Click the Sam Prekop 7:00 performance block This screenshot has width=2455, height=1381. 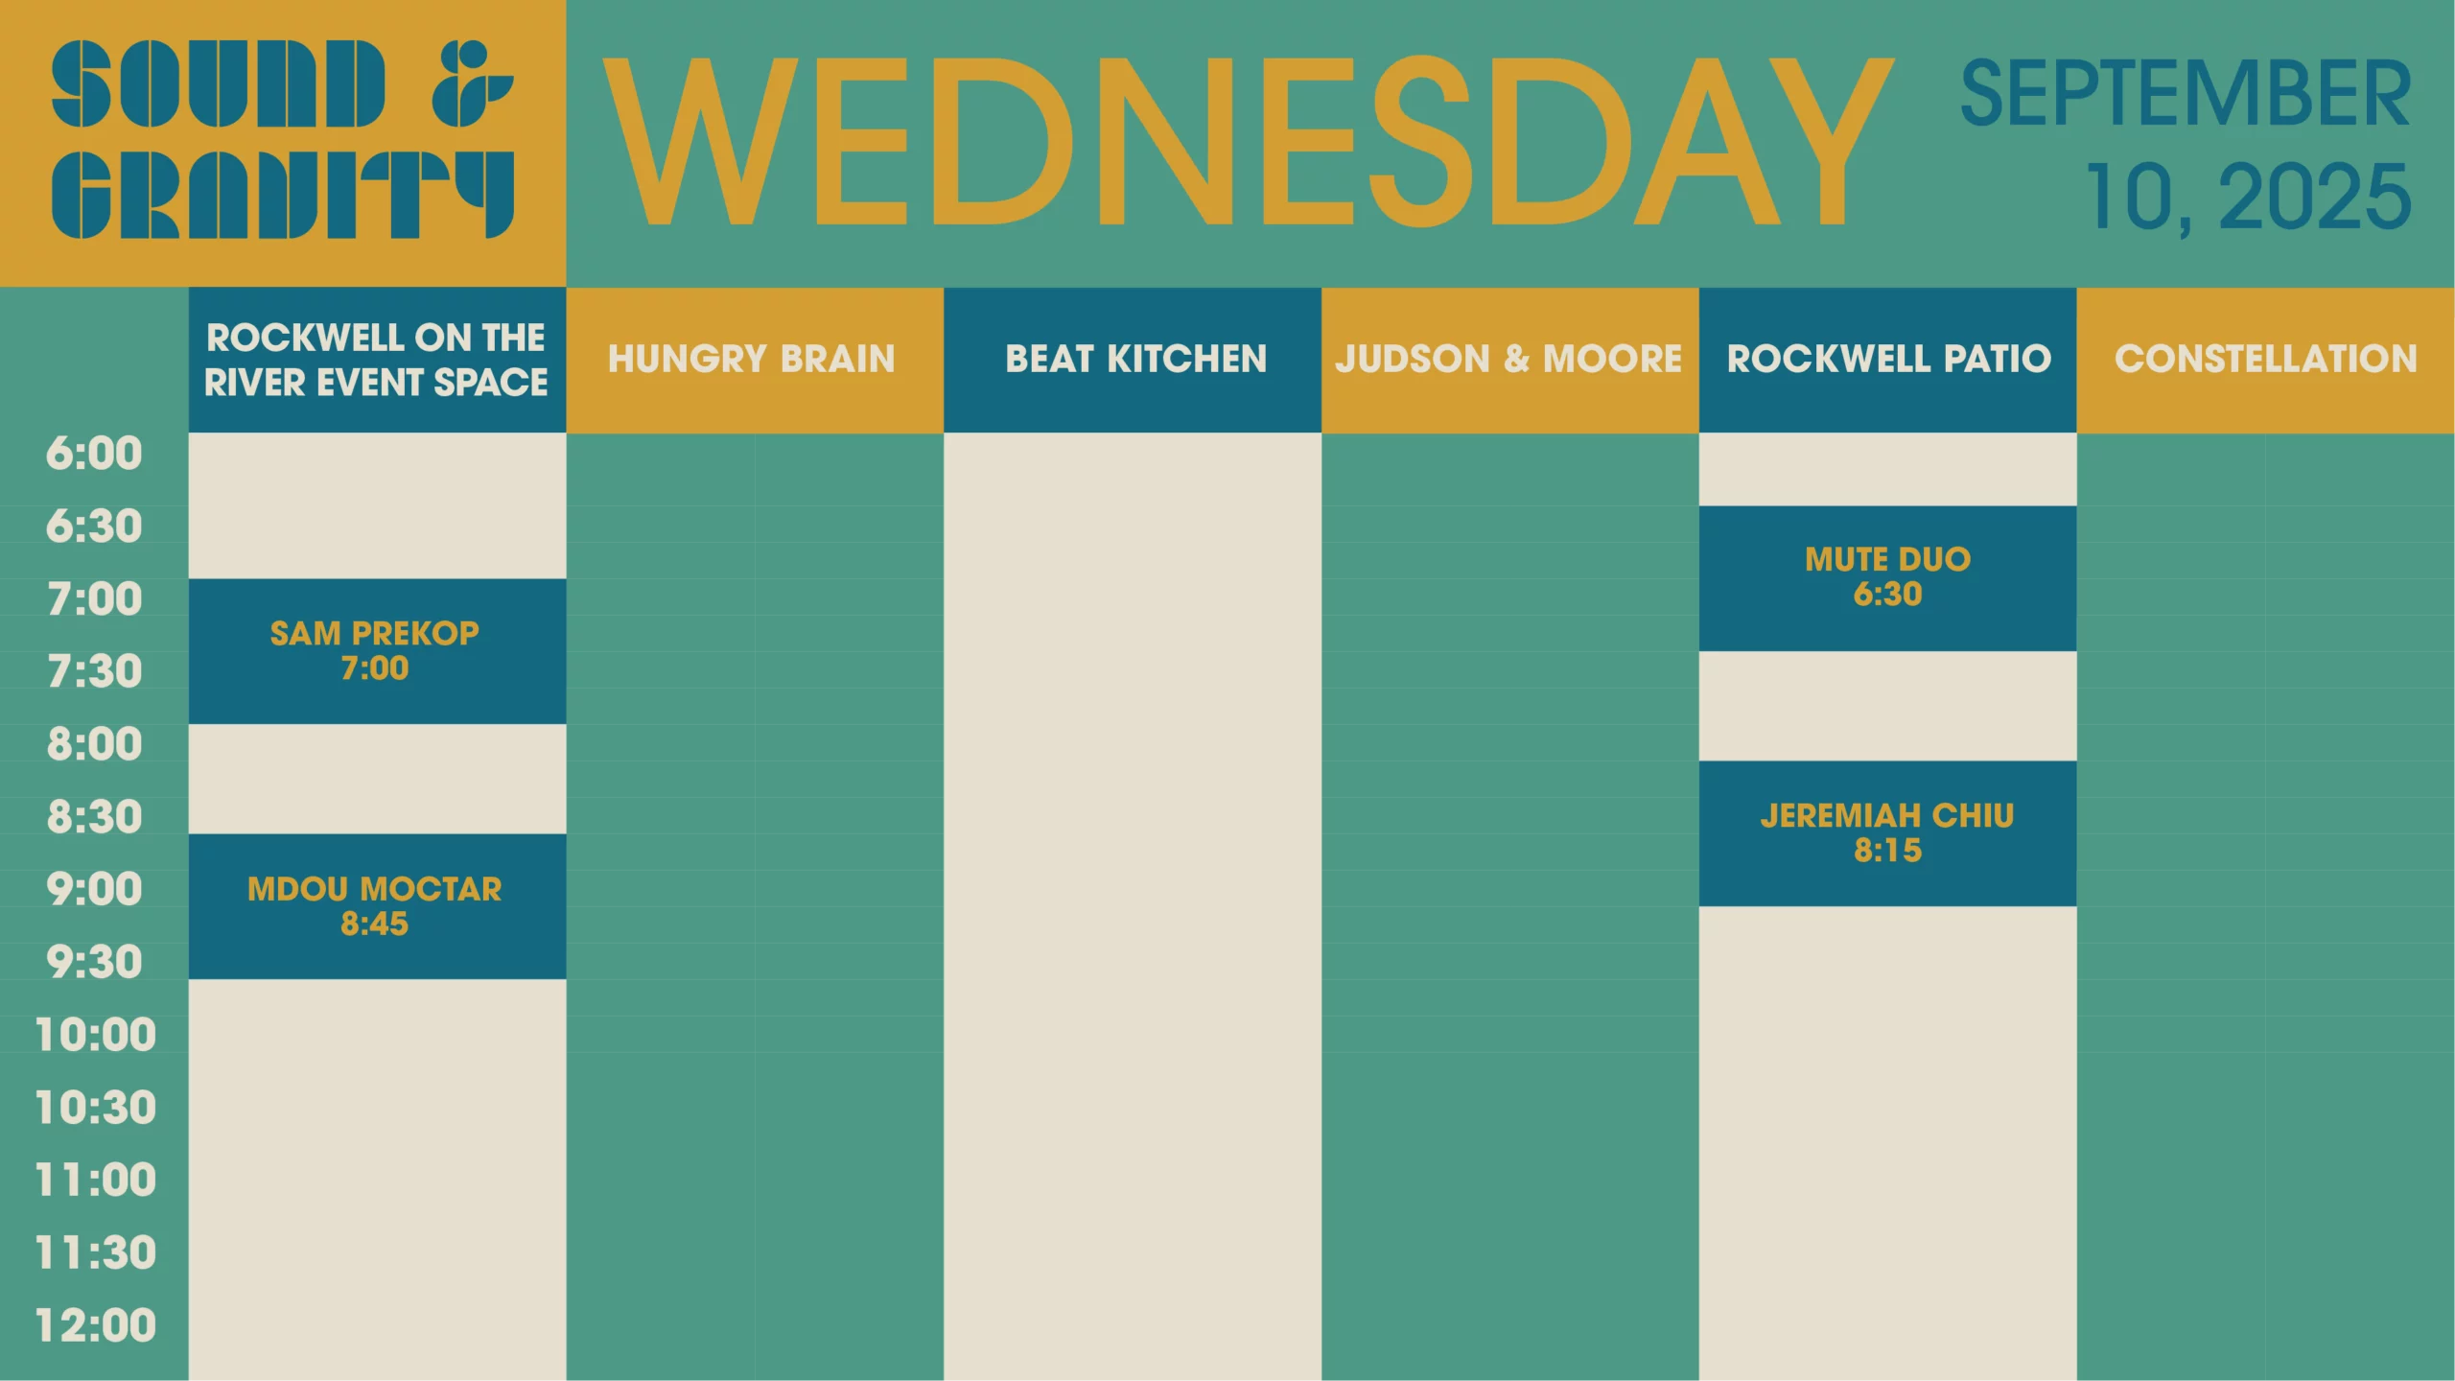(377, 651)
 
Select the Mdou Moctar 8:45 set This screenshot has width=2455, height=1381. (377, 906)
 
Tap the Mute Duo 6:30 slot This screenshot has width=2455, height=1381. (1887, 578)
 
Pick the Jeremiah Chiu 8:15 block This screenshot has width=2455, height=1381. (1887, 833)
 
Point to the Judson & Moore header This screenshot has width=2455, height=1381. (1510, 360)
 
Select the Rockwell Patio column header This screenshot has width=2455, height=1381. (1887, 360)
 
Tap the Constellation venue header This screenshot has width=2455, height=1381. (2266, 360)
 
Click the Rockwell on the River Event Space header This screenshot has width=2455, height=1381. (377, 360)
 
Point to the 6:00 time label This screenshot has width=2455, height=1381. (94, 454)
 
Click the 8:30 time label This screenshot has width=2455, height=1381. (94, 817)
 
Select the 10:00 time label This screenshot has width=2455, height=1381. (95, 1035)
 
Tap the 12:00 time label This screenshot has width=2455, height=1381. (95, 1325)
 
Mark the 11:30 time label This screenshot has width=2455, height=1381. (95, 1252)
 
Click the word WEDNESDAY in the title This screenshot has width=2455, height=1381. (1248, 141)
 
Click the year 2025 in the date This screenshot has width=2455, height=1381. (2315, 197)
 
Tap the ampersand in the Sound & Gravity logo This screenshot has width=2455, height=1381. (472, 83)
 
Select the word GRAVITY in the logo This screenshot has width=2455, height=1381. (283, 194)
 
